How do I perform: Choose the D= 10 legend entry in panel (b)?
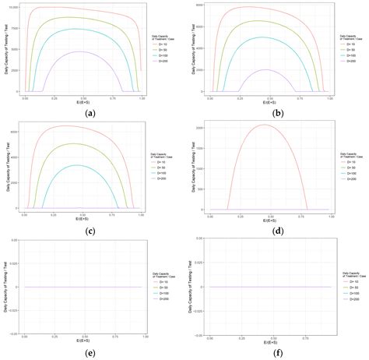[x=342, y=44]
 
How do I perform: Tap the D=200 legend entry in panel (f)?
[x=342, y=299]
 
